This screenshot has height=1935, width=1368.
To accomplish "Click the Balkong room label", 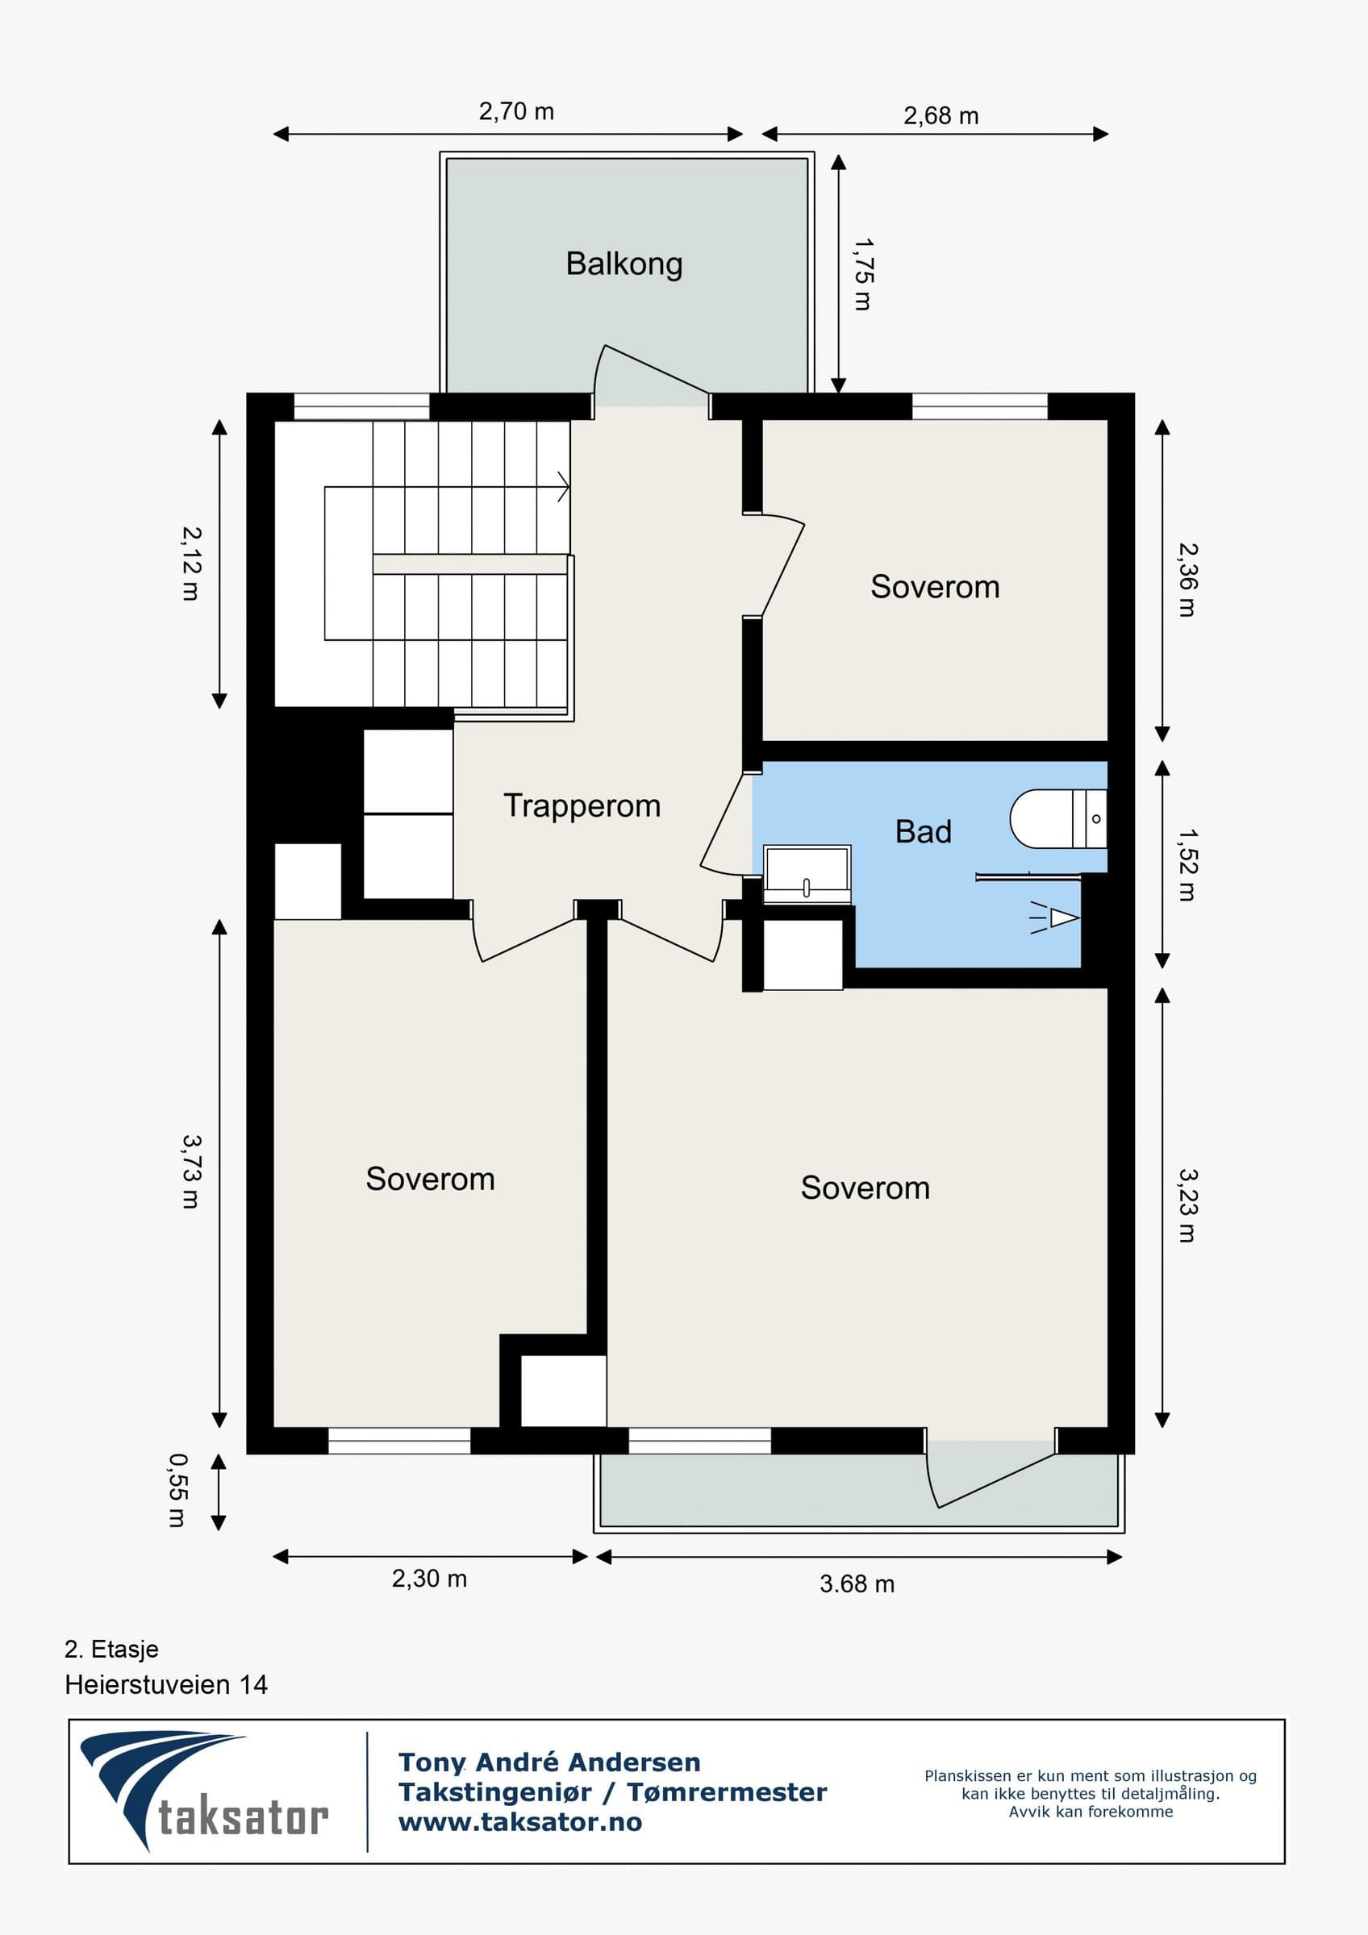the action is pyautogui.click(x=624, y=264).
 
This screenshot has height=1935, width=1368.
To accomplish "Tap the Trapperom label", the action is pyautogui.click(x=582, y=806).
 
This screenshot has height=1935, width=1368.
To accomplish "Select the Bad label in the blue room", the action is pyautogui.click(x=923, y=832).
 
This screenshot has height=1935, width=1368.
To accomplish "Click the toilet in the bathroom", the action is pyautogui.click(x=1057, y=818).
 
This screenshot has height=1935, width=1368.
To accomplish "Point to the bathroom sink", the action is pyautogui.click(x=807, y=874).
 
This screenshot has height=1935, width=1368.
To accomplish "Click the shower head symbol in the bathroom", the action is pyautogui.click(x=1055, y=918).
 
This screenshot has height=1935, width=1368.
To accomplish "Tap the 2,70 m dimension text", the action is pyautogui.click(x=516, y=111).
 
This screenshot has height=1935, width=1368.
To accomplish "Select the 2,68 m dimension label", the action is pyautogui.click(x=940, y=115).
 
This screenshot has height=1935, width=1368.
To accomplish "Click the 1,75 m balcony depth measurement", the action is pyautogui.click(x=863, y=274).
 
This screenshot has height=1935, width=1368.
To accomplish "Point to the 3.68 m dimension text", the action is pyautogui.click(x=857, y=1583).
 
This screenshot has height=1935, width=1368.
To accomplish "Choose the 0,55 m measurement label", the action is pyautogui.click(x=177, y=1490).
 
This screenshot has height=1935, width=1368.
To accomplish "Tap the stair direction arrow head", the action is pyautogui.click(x=564, y=487).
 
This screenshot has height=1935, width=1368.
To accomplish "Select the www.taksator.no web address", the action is pyautogui.click(x=520, y=1822).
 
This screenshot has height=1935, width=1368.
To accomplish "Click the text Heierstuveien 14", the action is pyautogui.click(x=166, y=1685).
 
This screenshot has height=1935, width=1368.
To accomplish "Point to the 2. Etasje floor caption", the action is pyautogui.click(x=111, y=1650).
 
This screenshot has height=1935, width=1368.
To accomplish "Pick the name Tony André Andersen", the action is pyautogui.click(x=548, y=1762).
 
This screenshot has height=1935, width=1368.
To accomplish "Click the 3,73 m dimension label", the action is pyautogui.click(x=191, y=1171).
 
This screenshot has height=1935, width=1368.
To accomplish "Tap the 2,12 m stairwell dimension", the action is pyautogui.click(x=191, y=564).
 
